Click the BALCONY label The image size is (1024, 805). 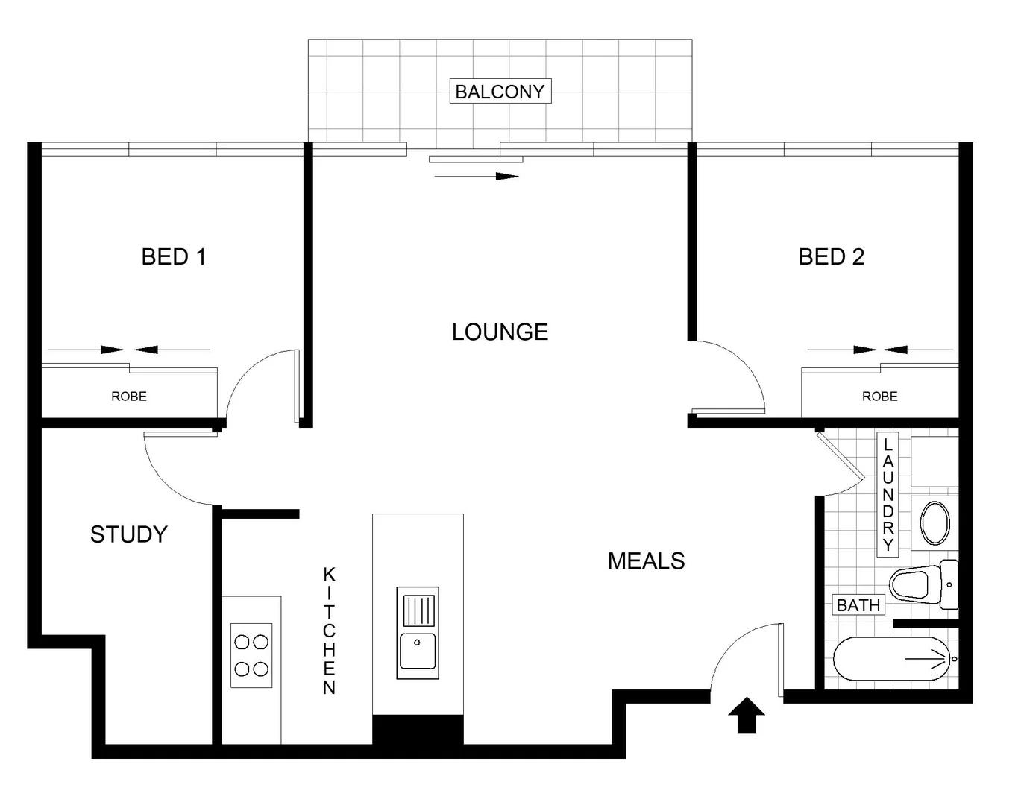[x=500, y=92]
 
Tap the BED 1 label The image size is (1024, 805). [x=173, y=257]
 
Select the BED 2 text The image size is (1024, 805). [x=831, y=257]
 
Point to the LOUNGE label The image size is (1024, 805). [x=500, y=332]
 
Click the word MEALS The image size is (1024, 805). [x=646, y=561]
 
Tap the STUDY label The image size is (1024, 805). [x=128, y=534]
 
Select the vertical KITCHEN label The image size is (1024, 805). [x=329, y=631]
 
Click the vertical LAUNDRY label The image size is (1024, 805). [x=888, y=494]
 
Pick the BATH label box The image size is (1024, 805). [x=858, y=605]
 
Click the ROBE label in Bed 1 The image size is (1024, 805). [x=129, y=397]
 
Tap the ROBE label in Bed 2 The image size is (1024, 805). [x=879, y=397]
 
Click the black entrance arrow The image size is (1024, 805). [x=746, y=716]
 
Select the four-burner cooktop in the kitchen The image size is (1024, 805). [x=251, y=655]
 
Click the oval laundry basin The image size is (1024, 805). [x=935, y=523]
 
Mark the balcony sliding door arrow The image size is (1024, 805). [x=476, y=177]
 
